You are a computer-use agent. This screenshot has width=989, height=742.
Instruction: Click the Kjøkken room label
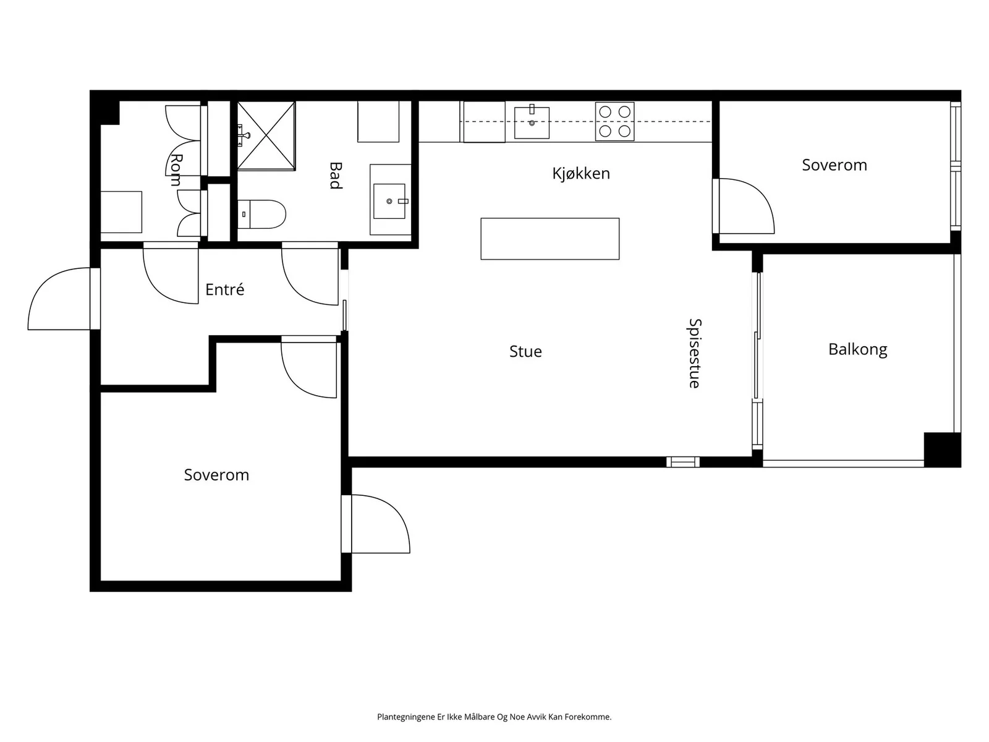[581, 174]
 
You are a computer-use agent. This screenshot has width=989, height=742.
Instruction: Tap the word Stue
[525, 351]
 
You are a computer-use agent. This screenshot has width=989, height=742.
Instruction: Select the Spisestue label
[695, 353]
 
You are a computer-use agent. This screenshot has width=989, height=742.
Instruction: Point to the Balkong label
[857, 349]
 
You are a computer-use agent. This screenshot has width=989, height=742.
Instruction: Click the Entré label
[225, 289]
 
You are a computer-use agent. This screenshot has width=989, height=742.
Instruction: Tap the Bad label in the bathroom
[336, 176]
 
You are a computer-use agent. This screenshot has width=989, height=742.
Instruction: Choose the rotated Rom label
[176, 170]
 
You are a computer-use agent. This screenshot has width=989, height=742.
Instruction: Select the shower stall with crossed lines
[266, 135]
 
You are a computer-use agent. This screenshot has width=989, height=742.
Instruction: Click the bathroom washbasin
[389, 201]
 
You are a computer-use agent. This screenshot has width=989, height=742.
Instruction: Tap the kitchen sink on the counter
[532, 122]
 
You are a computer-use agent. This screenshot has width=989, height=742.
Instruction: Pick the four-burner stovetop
[614, 122]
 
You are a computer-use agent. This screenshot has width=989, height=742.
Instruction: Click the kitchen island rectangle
[550, 239]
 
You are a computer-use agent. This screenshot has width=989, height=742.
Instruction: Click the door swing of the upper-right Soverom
[747, 207]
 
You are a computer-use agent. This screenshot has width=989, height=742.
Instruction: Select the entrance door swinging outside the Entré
[59, 299]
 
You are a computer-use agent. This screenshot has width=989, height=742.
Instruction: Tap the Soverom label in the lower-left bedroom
[216, 475]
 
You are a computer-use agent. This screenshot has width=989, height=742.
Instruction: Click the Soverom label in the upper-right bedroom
[834, 165]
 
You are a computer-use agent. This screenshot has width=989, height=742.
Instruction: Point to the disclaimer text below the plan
[494, 717]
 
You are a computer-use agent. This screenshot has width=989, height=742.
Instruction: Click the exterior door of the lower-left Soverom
[381, 524]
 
